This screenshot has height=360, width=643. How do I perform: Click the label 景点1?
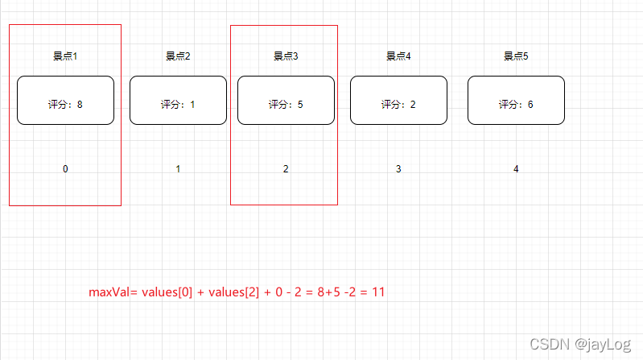pyautogui.click(x=65, y=56)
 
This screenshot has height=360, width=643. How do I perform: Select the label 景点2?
pyautogui.click(x=178, y=56)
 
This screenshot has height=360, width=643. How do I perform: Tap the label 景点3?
pyautogui.click(x=286, y=56)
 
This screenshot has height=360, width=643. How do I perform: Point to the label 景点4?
pyautogui.click(x=398, y=56)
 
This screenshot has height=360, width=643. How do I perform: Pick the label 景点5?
pyautogui.click(x=516, y=56)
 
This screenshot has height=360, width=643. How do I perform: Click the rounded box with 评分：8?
pyautogui.click(x=65, y=101)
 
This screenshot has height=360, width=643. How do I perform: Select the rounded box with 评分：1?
pyautogui.click(x=178, y=101)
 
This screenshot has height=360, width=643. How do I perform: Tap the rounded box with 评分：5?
pyautogui.click(x=286, y=101)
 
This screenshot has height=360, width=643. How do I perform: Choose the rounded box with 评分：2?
pyautogui.click(x=398, y=101)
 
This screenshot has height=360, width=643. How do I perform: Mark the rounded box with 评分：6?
pyautogui.click(x=516, y=101)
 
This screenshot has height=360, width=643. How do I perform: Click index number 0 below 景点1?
pyautogui.click(x=65, y=169)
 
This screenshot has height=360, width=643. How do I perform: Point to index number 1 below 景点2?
pyautogui.click(x=178, y=169)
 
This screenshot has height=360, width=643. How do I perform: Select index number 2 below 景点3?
pyautogui.click(x=286, y=169)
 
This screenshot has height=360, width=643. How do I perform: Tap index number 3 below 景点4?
pyautogui.click(x=398, y=169)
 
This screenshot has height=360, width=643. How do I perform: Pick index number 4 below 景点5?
pyautogui.click(x=516, y=169)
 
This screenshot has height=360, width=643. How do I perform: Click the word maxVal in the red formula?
pyautogui.click(x=109, y=292)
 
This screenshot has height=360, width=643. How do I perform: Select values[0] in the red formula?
pyautogui.click(x=167, y=292)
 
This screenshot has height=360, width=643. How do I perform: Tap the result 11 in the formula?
pyautogui.click(x=378, y=292)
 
